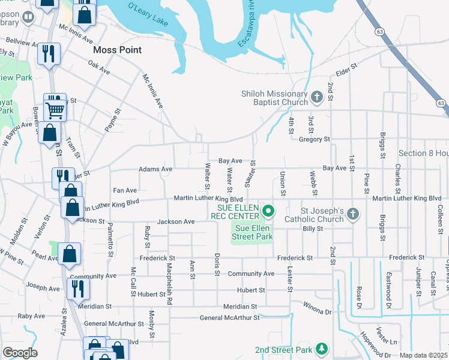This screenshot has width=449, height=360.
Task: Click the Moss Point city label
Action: pyautogui.click(x=118, y=50)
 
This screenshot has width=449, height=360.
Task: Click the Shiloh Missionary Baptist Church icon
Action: pyautogui.click(x=317, y=95)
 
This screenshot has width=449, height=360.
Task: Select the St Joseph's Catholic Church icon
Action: pyautogui.click(x=354, y=214)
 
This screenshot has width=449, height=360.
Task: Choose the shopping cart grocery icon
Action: pyautogui.click(x=55, y=109)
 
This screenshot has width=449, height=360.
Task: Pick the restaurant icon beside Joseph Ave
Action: pyautogui.click(x=78, y=288)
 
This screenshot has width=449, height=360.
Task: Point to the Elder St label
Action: pyautogui.click(x=346, y=68)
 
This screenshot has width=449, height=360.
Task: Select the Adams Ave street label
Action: pyautogui.click(x=155, y=169)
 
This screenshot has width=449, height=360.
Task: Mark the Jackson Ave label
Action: pyautogui.click(x=176, y=221)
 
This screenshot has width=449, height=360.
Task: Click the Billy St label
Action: pyautogui.click(x=313, y=229)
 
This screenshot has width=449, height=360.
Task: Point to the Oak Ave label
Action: pyautogui.click(x=99, y=67)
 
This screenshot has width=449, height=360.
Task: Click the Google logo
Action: pyautogui.click(x=20, y=353)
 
